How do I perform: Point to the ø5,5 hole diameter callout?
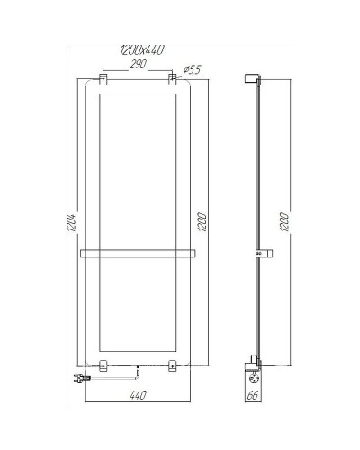192,69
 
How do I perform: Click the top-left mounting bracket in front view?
103,81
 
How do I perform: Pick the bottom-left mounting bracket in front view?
103,365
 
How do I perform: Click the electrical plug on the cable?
74,380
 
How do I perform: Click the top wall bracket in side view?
252,79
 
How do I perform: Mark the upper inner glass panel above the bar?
138,166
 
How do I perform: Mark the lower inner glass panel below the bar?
138,306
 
